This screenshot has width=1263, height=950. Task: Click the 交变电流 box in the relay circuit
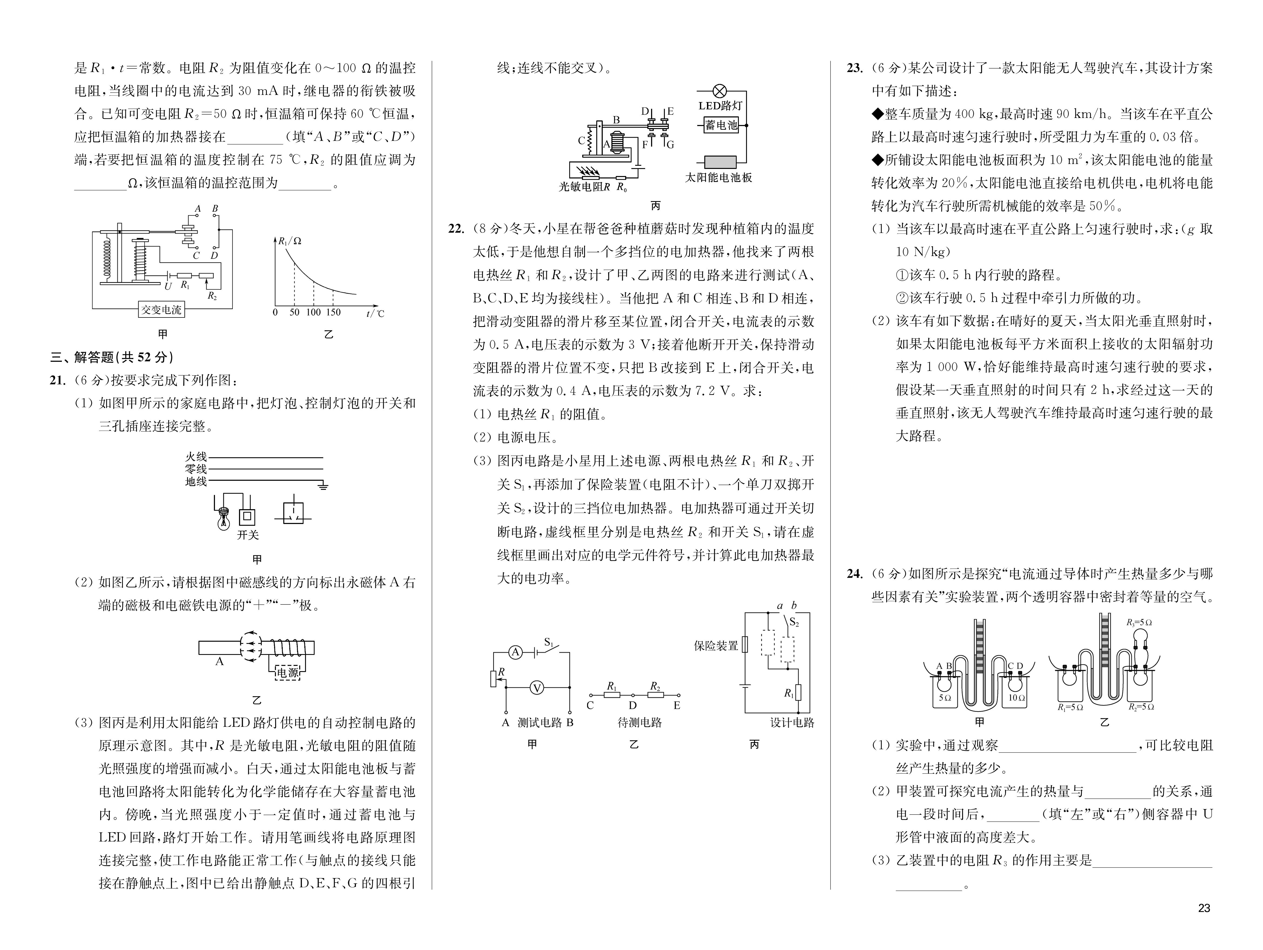click(161, 309)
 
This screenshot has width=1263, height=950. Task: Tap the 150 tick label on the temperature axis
click(333, 312)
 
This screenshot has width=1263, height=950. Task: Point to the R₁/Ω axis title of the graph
click(290, 241)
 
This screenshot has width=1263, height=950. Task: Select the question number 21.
click(58, 380)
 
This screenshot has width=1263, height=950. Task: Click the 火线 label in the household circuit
click(196, 457)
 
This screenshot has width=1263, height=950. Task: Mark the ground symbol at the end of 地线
click(323, 486)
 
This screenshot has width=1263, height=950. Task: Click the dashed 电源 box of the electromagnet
click(287, 672)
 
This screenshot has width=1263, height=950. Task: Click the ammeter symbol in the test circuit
click(516, 652)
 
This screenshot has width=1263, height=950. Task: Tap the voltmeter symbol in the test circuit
click(537, 688)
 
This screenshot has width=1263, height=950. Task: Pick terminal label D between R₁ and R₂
click(633, 706)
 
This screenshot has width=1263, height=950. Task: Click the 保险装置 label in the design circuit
click(716, 646)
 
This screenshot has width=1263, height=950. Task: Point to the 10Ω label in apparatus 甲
click(1016, 698)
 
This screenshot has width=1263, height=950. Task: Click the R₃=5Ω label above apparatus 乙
click(1139, 622)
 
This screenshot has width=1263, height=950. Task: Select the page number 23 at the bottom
click(1204, 908)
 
